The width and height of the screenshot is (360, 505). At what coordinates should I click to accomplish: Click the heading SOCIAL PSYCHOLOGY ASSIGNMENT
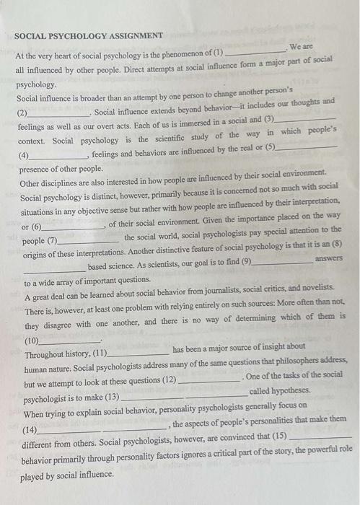[x=89, y=35]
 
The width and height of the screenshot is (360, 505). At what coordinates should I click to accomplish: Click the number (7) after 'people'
[x=51, y=241]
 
